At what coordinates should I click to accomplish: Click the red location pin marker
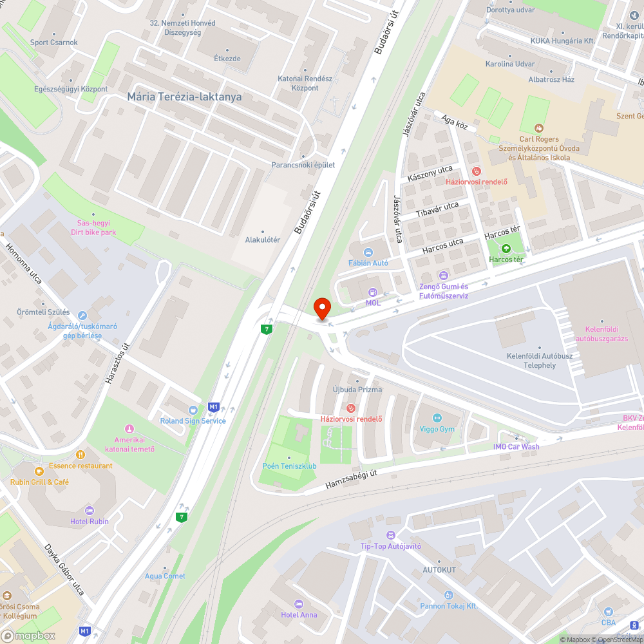[321, 308]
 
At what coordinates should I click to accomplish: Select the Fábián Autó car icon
[368, 252]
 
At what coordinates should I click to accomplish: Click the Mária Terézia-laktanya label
[184, 97]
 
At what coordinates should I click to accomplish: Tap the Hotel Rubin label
[90, 521]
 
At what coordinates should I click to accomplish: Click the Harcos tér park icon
[506, 249]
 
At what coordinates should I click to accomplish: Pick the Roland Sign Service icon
[193, 410]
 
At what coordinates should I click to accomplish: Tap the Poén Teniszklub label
[289, 466]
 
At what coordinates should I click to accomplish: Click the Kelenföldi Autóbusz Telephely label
[531, 361]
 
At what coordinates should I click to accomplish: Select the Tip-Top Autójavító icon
[390, 535]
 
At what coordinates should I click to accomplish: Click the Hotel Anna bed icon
[298, 603]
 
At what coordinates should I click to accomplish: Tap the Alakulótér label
[262, 240]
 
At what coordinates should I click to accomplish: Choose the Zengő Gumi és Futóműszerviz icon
[443, 276]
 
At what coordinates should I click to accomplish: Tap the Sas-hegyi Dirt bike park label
[94, 227]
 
